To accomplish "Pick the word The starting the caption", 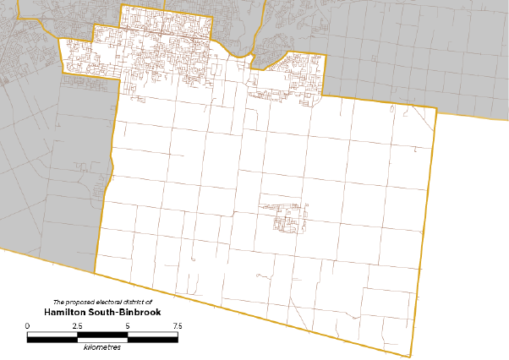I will pyautogui.click(x=58, y=302).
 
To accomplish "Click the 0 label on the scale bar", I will pyautogui.click(x=28, y=325).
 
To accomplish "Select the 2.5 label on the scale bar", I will pyautogui.click(x=77, y=325).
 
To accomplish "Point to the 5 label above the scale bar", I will pyautogui.click(x=127, y=325).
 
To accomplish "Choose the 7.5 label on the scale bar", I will pyautogui.click(x=177, y=325).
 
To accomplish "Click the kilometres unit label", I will pyautogui.click(x=101, y=346).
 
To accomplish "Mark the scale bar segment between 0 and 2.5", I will pyautogui.click(x=52, y=336).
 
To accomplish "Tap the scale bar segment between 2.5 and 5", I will pyautogui.click(x=102, y=336).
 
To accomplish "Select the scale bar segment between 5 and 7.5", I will pyautogui.click(x=152, y=336).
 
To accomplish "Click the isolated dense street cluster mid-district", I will pyautogui.click(x=287, y=215).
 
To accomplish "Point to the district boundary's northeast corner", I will pyautogui.click(x=436, y=109).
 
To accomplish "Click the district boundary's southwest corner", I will pyautogui.click(x=95, y=273).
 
